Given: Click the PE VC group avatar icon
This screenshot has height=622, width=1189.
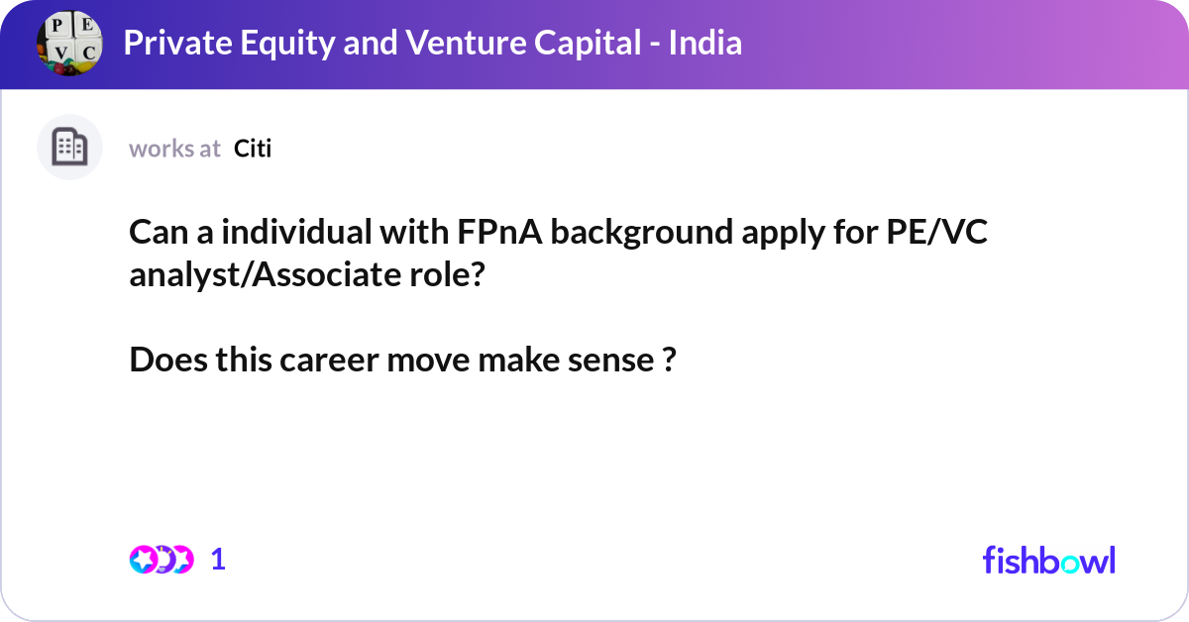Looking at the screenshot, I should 69,43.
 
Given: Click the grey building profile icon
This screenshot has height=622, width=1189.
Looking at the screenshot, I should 69,148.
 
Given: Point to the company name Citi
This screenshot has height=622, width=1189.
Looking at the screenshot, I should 253,149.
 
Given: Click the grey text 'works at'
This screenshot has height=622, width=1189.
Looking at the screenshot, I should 174,149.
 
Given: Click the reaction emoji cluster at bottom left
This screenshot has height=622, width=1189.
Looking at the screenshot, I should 161,560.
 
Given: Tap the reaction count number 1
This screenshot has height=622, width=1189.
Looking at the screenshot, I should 218,560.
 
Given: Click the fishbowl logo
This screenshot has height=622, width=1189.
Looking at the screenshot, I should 1048,560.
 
